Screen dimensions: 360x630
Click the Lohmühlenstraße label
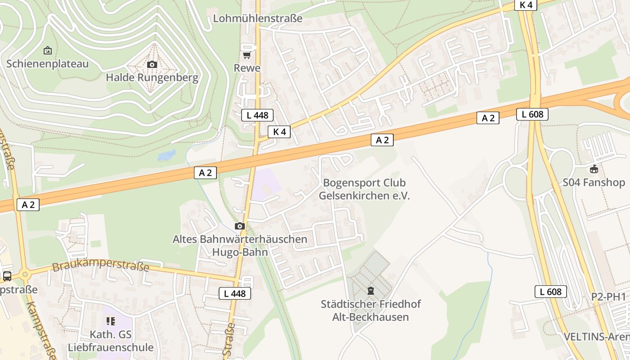(257, 18)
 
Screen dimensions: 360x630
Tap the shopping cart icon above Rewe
(246, 54)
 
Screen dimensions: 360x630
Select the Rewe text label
(247, 67)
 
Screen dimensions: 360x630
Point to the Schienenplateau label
(47, 63)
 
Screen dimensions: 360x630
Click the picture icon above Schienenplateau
(47, 50)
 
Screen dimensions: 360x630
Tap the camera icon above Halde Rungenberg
(152, 64)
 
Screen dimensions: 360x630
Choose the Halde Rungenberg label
(152, 77)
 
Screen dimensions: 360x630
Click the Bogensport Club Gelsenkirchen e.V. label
(364, 189)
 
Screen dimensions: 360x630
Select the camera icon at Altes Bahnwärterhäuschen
(240, 226)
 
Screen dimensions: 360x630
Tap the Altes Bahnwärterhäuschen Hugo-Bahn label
(240, 245)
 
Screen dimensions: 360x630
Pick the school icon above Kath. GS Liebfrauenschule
(110, 321)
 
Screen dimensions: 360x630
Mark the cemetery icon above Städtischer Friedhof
(370, 291)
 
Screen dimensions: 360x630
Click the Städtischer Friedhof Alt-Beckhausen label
(370, 310)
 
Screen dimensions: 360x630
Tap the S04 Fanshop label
(594, 182)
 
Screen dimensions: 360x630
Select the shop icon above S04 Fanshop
(594, 169)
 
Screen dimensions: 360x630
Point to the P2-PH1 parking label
(608, 297)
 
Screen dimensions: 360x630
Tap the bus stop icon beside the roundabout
(7, 276)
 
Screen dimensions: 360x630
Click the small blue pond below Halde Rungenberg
(166, 156)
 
